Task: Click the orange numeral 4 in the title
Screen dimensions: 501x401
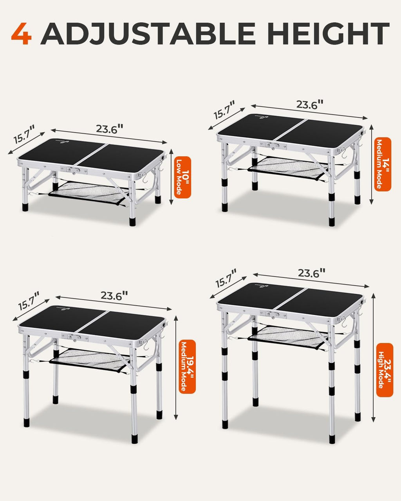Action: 22,34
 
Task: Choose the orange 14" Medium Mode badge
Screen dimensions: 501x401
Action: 383,164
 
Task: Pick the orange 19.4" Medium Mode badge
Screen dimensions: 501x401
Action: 187,366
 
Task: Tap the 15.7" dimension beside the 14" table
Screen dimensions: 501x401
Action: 224,110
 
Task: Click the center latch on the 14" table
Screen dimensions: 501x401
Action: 273,146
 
